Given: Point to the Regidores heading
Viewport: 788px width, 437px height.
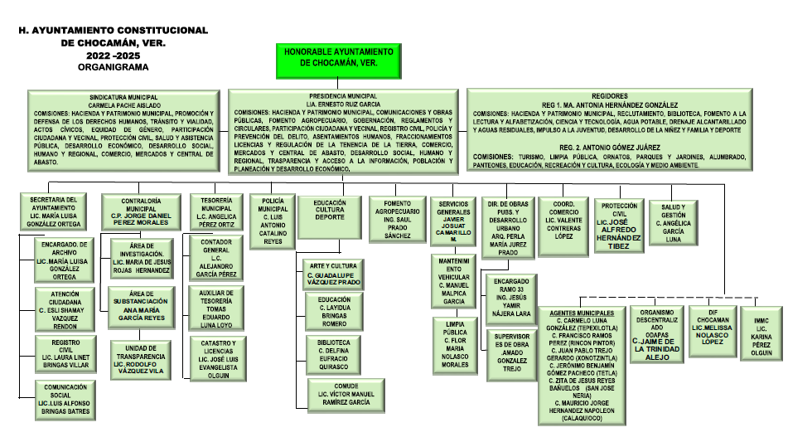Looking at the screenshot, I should coord(624,95).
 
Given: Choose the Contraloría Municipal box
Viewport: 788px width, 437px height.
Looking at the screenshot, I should coord(138,211).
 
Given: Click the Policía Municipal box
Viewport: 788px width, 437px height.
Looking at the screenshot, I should coord(273,219).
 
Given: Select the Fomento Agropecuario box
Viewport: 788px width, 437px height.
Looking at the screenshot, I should coord(396,219).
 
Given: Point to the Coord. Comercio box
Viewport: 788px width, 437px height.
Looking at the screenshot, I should coord(563,219).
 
